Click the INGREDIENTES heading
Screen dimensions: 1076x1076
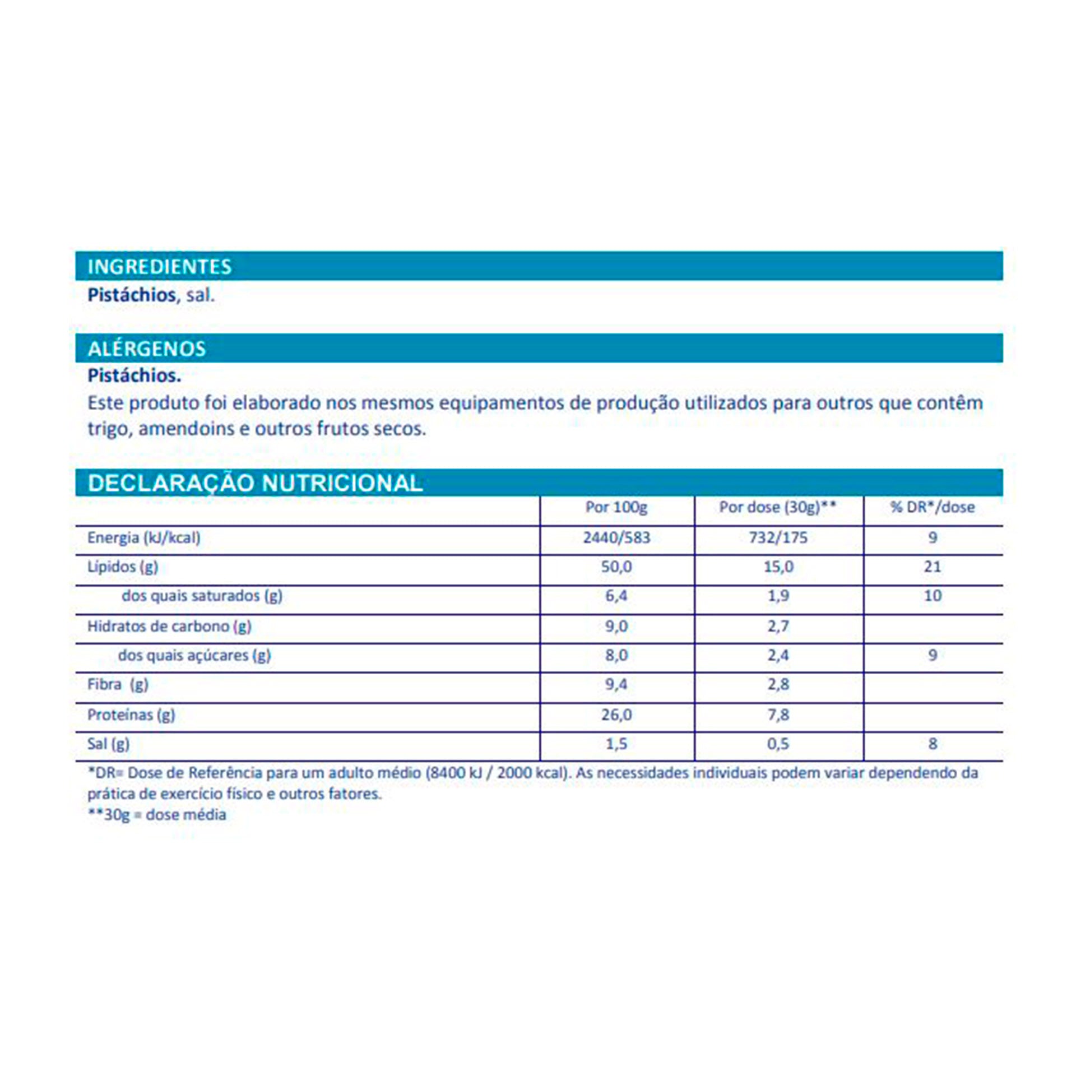(x=159, y=267)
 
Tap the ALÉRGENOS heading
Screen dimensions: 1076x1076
(x=147, y=349)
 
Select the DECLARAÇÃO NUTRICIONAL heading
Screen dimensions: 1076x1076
(x=255, y=483)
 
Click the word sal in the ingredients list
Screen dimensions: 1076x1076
(x=200, y=295)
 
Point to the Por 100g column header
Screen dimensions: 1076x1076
(x=616, y=507)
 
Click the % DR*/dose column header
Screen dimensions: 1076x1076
(x=933, y=507)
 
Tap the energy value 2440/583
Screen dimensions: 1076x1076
(x=616, y=537)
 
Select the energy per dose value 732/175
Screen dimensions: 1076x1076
(x=778, y=537)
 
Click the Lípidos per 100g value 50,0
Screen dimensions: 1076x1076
(x=616, y=567)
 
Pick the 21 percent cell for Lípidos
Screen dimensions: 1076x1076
(x=933, y=567)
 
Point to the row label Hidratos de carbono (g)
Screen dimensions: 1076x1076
(x=169, y=626)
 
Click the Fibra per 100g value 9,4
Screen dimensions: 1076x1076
(x=616, y=684)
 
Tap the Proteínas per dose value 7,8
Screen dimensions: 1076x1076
(x=778, y=715)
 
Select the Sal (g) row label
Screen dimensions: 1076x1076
(x=108, y=744)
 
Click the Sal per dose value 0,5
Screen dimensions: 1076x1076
(x=778, y=744)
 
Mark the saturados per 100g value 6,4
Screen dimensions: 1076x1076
(x=616, y=596)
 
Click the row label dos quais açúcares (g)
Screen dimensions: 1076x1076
(x=194, y=655)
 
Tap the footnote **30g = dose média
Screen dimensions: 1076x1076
(x=157, y=815)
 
